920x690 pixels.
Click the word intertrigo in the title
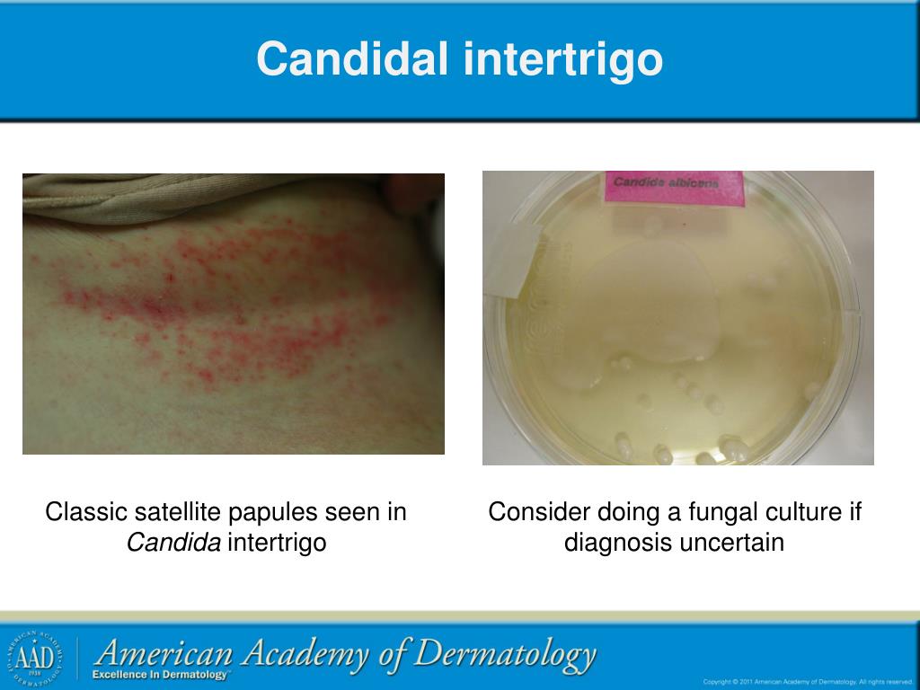point(563,59)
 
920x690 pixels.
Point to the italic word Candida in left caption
point(173,543)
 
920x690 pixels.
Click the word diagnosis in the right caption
point(606,543)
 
